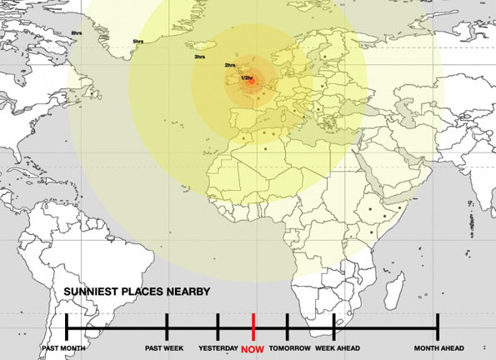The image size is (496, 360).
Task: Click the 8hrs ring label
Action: (77, 32)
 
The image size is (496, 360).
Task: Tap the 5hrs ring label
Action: (138, 41)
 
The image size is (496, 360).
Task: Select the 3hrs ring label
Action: (199, 57)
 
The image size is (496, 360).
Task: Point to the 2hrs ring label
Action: (229, 65)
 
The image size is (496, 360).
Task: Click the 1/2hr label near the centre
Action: (246, 77)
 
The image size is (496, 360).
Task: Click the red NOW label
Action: (253, 349)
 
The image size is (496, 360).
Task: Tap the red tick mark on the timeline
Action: (253, 326)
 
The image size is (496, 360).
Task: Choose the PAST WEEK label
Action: (164, 347)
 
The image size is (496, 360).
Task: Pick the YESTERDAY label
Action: (218, 347)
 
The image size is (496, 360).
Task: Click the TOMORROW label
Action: (290, 347)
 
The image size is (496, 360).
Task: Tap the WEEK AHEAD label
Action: (337, 347)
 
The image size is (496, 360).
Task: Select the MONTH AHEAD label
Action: (438, 347)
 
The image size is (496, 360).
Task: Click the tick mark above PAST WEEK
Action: (168, 326)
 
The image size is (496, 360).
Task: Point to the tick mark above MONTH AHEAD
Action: (438, 326)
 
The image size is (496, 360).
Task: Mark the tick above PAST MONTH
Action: (67, 326)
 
